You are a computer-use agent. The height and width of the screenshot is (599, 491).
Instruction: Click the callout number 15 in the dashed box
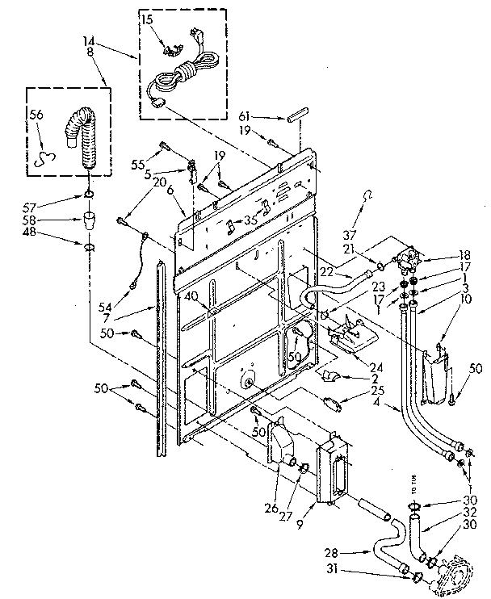(148, 18)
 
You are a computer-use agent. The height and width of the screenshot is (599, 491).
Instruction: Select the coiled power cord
(184, 76)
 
